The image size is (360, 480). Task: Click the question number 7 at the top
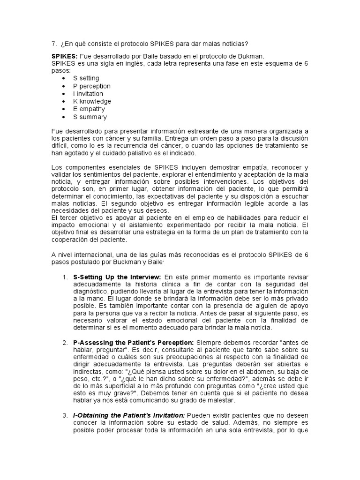(x=53, y=44)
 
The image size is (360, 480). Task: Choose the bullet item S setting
(x=86, y=78)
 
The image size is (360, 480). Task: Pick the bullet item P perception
(x=91, y=86)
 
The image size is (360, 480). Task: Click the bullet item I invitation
(x=88, y=94)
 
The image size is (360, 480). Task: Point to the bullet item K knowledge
(x=92, y=101)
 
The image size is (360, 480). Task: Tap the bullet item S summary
(x=90, y=117)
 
